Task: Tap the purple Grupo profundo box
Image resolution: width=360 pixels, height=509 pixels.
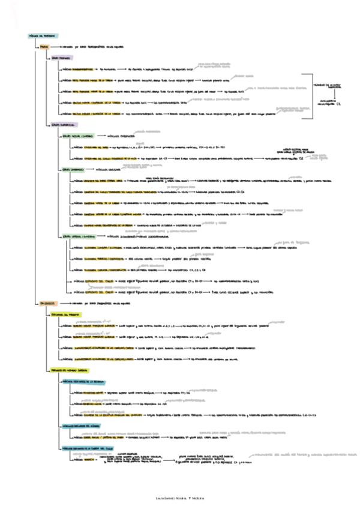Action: coord(61,58)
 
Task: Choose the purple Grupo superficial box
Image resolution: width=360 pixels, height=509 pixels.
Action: coord(63,124)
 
